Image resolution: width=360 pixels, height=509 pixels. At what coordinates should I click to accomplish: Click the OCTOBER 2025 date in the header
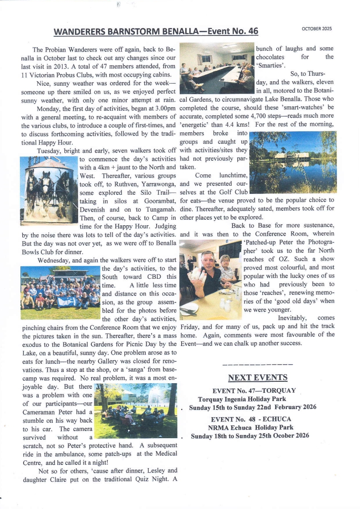coord(317,29)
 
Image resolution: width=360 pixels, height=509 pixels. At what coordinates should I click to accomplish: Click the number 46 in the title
coord(253,31)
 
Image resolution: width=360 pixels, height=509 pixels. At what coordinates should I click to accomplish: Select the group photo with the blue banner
coord(60,293)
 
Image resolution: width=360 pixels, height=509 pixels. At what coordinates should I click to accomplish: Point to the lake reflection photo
coord(293,162)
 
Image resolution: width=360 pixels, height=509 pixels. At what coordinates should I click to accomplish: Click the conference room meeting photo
coord(217,68)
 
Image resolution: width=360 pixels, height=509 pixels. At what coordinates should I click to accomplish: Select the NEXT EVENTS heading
coord(257,378)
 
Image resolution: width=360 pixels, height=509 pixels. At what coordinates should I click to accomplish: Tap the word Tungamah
coord(158,209)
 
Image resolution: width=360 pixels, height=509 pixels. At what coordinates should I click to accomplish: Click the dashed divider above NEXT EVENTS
coord(257,365)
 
